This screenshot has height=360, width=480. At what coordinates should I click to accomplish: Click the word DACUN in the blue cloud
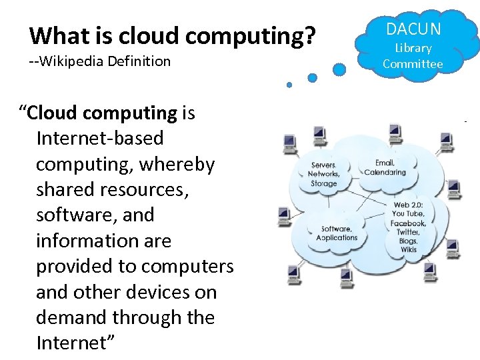coord(413,29)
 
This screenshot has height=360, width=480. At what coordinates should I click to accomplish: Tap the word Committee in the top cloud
coord(413,64)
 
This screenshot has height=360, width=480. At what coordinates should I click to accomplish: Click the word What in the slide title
coord(55,35)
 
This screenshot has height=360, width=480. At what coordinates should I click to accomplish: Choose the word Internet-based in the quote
coord(100,139)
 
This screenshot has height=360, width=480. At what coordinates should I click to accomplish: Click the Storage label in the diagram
coord(324,183)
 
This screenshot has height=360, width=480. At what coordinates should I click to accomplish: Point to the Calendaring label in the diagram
coord(385,172)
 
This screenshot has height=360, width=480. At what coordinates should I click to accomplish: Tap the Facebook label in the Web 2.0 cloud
coord(408,223)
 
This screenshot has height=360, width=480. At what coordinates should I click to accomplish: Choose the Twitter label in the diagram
coord(407,232)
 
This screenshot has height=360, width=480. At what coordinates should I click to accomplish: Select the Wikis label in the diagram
coord(408,249)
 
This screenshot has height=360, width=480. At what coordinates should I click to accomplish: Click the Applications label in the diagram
coord(337,237)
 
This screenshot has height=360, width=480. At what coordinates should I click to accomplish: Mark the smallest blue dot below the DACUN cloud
coord(289,85)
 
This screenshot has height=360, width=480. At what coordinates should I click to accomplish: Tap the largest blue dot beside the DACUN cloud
coord(339,69)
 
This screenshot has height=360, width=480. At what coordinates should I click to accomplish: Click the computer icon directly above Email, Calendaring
coord(394,130)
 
